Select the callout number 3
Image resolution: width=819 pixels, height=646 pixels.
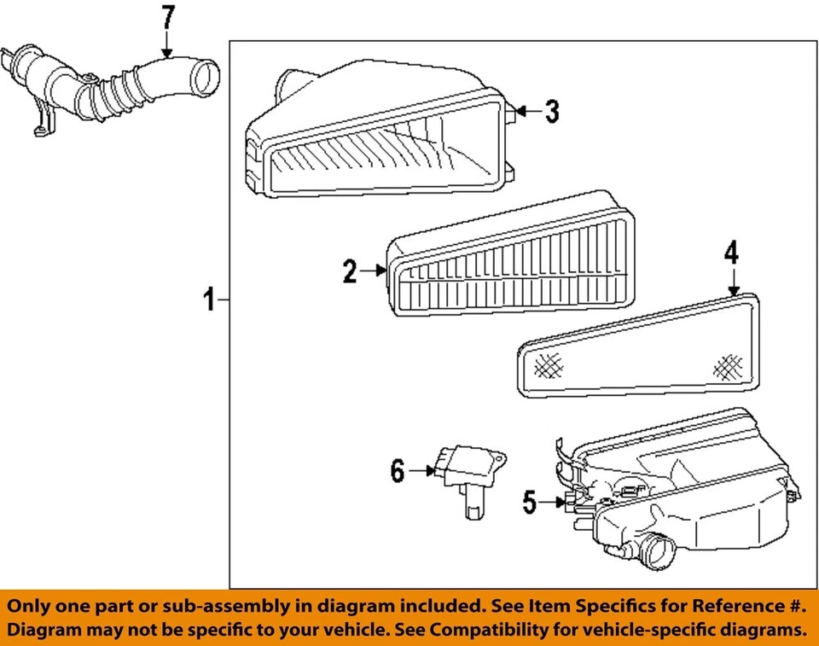pos(552,111)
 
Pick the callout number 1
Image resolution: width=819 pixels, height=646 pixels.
pos(208,300)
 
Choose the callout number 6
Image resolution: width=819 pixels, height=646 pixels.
pos(398,470)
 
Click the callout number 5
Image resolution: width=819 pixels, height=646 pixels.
pos(530,503)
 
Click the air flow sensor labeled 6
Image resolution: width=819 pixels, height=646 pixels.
pos(468,478)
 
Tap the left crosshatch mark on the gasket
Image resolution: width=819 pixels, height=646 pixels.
pos(549,367)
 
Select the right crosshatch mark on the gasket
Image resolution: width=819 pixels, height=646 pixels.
pos(728,366)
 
